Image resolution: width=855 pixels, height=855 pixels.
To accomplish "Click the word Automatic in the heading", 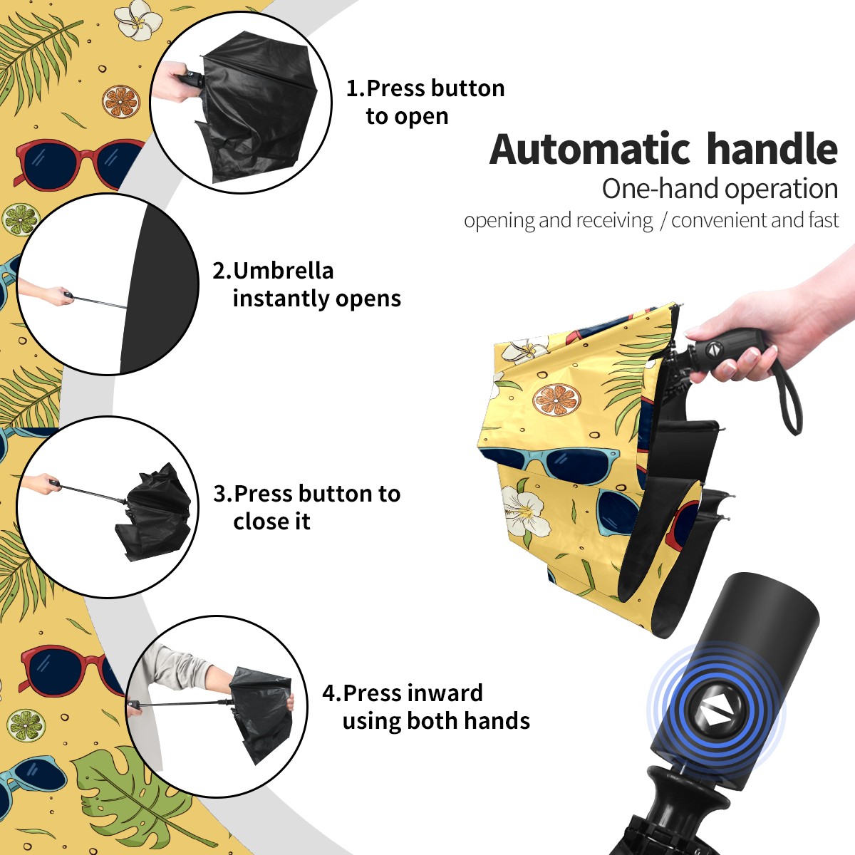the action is point(590,150).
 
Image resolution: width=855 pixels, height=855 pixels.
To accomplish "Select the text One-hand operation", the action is point(720,189).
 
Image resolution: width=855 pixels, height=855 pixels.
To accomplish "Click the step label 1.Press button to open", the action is point(425,102).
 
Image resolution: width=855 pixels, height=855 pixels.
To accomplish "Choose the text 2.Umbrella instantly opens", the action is point(306,284).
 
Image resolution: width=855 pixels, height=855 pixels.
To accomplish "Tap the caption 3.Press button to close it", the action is point(306,507).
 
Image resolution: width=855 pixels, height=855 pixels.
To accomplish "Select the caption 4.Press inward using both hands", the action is point(426,707).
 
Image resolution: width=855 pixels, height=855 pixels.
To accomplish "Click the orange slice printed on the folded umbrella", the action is point(557,400).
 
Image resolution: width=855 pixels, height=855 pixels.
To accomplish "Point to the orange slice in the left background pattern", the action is point(120,102).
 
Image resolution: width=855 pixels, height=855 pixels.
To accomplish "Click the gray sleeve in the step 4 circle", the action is point(177,666).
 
